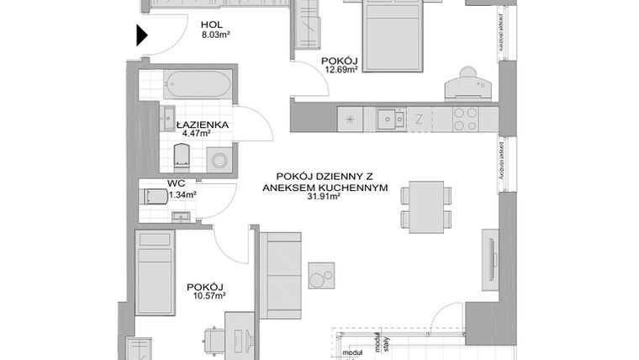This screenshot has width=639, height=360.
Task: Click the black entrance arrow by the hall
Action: click(141, 35)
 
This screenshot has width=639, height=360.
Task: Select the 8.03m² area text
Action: click(216, 36)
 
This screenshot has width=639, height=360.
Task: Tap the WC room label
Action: click(177, 183)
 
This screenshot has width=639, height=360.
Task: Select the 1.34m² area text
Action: click(182, 194)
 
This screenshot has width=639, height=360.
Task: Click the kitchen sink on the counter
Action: click(388, 119)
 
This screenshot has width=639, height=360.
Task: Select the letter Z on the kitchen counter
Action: click(419, 119)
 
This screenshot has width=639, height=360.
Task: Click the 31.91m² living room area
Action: click(324, 199)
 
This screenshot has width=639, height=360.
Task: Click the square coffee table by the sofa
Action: click(320, 274)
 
